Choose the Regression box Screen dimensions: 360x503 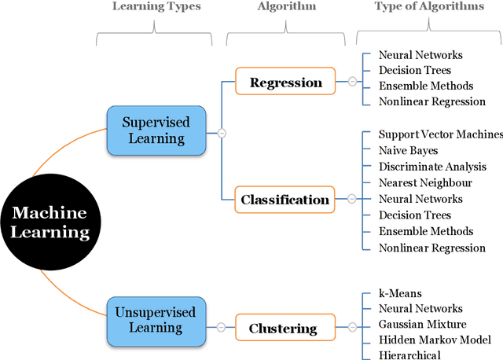(x=285, y=82)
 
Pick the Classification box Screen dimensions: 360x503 (x=285, y=200)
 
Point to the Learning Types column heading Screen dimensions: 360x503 (x=156, y=7)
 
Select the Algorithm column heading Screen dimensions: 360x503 (x=287, y=7)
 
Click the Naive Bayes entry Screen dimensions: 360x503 (x=408, y=150)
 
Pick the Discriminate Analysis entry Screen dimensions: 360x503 (x=432, y=167)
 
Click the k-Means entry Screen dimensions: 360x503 (x=400, y=293)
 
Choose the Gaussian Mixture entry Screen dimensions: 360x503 (x=422, y=324)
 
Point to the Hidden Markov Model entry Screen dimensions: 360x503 (x=435, y=340)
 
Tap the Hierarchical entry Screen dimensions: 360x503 (x=409, y=355)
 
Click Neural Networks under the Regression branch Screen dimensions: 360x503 (x=420, y=55)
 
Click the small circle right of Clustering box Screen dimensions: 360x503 (x=352, y=326)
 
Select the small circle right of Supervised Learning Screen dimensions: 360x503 (x=222, y=134)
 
